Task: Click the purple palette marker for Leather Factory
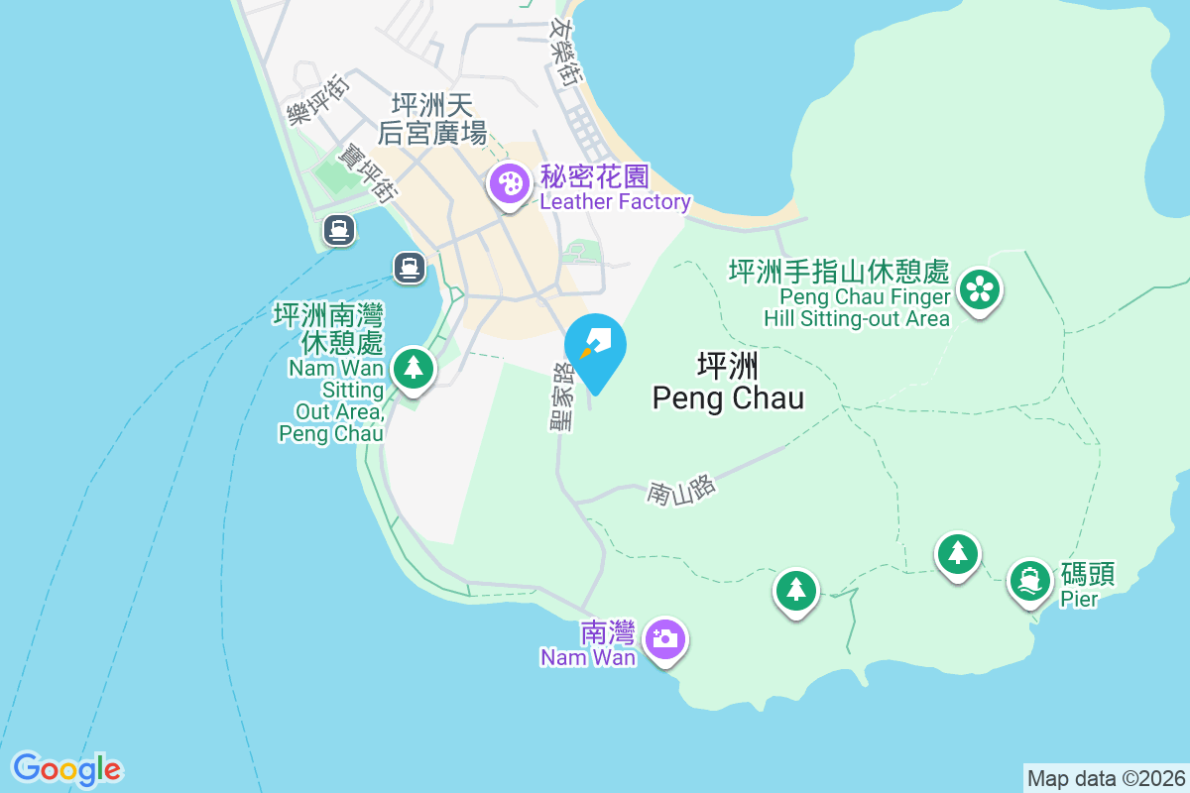click(509, 183)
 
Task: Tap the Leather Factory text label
click(615, 202)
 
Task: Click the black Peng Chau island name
click(728, 383)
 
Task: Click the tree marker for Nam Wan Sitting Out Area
click(413, 368)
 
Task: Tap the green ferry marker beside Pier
click(1030, 580)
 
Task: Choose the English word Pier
click(1079, 599)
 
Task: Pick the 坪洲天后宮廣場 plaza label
click(432, 118)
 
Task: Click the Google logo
click(66, 769)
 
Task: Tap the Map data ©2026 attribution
click(1105, 778)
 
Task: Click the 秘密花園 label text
click(594, 177)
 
